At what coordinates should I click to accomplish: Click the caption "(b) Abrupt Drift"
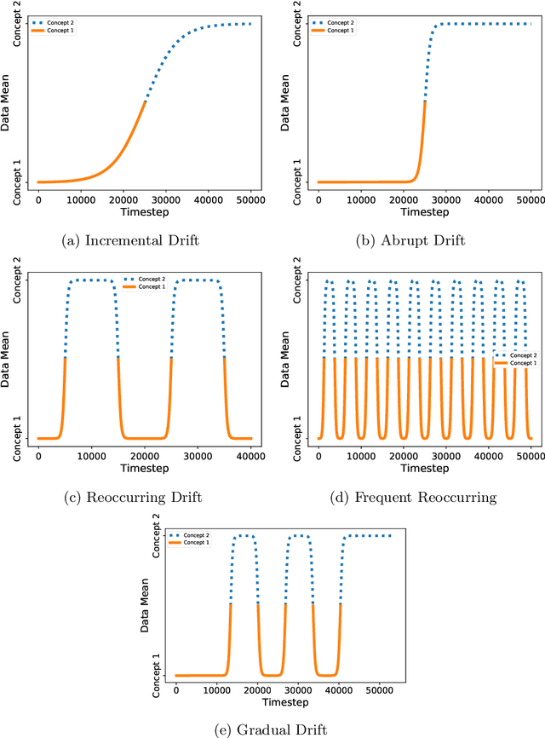(410, 241)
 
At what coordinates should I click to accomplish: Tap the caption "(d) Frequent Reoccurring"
(411, 497)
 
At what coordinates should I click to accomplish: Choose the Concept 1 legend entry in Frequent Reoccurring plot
(520, 363)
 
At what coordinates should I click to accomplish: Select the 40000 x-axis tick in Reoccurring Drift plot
(250, 455)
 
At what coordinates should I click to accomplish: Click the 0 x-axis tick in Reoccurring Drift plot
(39, 455)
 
